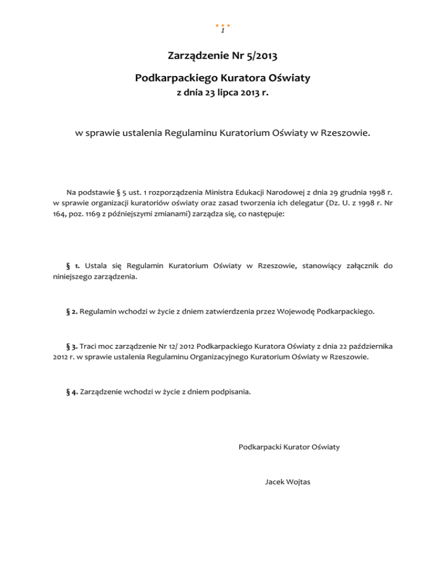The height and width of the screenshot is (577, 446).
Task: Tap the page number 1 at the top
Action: [223, 31]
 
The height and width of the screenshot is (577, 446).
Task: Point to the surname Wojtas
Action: [298, 481]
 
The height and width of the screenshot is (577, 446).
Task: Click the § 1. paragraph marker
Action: [64, 266]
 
